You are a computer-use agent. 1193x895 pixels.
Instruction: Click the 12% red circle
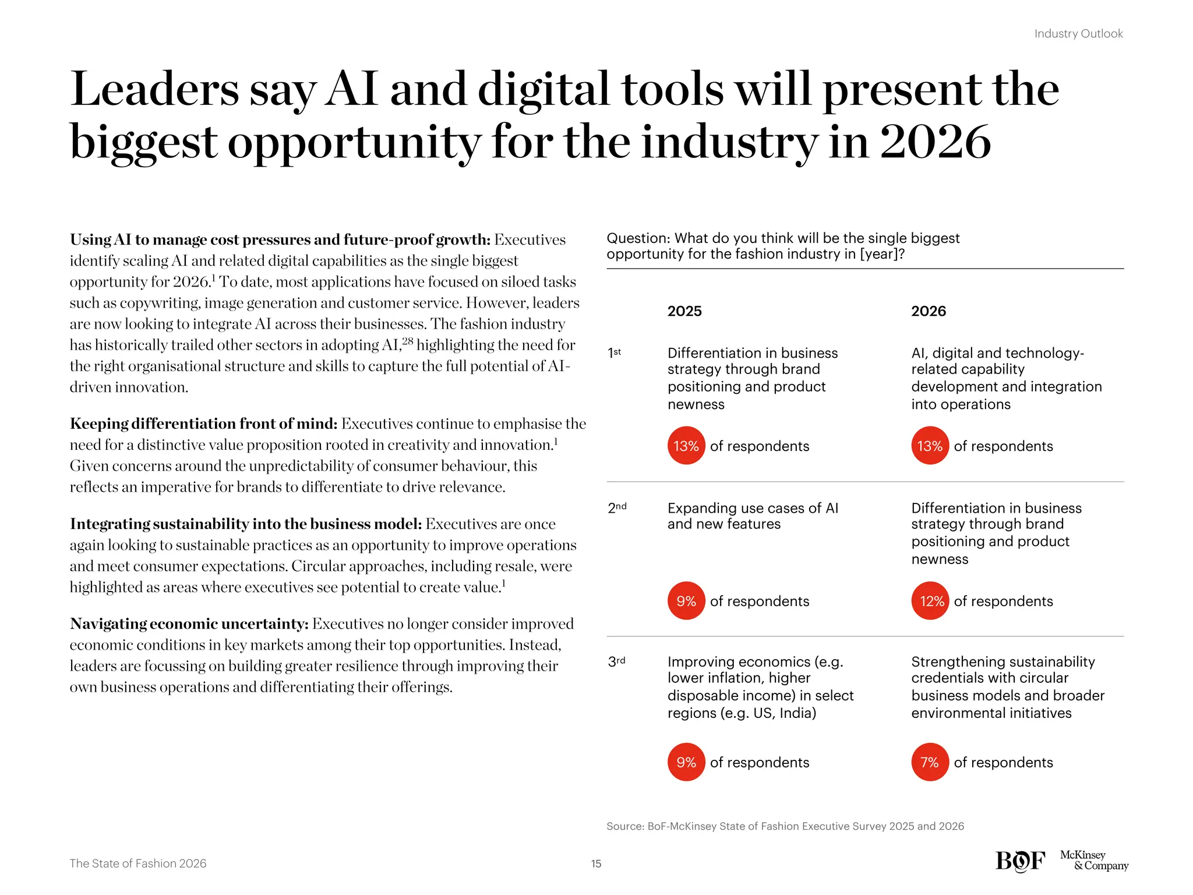(930, 601)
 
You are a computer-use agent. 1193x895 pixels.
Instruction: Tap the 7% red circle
(930, 762)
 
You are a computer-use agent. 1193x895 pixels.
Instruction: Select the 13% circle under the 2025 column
(686, 446)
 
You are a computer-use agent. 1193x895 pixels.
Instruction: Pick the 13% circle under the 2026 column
(930, 446)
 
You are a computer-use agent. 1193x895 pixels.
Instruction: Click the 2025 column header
(684, 311)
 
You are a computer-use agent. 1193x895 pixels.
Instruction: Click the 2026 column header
(929, 311)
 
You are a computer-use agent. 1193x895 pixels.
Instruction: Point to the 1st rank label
(615, 353)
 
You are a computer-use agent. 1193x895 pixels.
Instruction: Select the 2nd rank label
(617, 508)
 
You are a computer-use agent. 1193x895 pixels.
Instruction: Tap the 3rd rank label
(616, 662)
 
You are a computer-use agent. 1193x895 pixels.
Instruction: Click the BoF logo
(1020, 861)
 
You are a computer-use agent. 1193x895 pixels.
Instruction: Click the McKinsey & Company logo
(1093, 861)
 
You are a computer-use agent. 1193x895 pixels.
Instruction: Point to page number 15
(596, 864)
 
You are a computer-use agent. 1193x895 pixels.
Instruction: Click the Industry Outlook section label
(1078, 34)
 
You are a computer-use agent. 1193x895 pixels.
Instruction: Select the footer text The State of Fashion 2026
(138, 864)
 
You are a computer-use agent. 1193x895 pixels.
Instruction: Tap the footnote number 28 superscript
(407, 341)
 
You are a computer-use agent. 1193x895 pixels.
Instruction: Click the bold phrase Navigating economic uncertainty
(189, 624)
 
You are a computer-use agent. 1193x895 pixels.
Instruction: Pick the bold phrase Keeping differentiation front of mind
(203, 424)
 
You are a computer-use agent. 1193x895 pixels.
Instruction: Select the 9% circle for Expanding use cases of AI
(686, 601)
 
